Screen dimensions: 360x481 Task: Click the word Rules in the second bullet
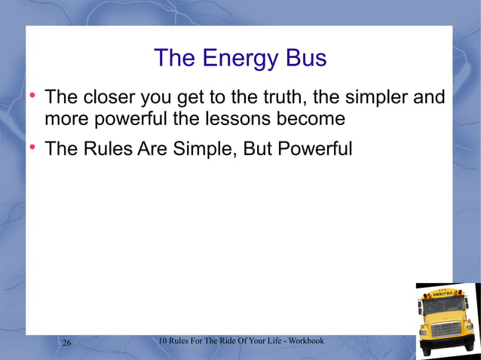(x=111, y=148)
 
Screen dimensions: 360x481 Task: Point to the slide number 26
(x=66, y=343)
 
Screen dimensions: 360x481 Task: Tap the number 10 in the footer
(x=163, y=341)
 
